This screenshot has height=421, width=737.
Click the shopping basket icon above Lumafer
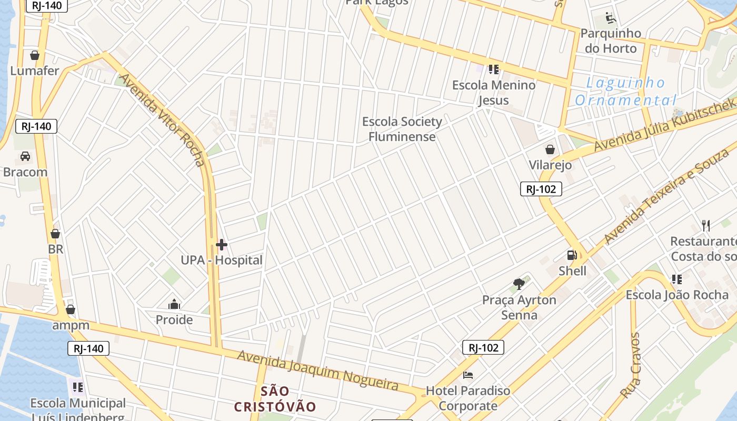tap(35, 55)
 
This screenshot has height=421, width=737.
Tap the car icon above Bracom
tap(25, 156)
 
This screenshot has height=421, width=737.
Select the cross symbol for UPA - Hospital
tap(222, 245)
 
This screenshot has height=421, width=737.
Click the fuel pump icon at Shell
tap(572, 256)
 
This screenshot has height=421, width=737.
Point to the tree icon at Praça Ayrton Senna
tap(519, 285)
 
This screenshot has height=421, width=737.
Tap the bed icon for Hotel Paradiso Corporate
tap(468, 375)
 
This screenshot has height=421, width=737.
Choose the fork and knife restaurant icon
tap(706, 226)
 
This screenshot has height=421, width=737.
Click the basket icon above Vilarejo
tap(550, 150)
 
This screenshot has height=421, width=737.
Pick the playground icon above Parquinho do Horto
tap(611, 18)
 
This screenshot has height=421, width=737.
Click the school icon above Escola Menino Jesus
tap(493, 69)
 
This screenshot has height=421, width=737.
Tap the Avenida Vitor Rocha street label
tap(162, 119)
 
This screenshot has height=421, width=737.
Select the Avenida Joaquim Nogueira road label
tap(317, 370)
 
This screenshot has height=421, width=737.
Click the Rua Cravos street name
tap(630, 365)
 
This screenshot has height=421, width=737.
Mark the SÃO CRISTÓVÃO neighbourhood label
tap(275, 399)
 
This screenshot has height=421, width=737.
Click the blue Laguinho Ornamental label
tap(625, 92)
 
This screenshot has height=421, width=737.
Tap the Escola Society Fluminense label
tap(402, 129)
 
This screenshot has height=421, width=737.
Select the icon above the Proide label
tap(174, 305)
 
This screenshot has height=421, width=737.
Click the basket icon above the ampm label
tap(71, 309)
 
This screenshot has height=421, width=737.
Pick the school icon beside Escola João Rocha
tap(676, 279)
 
